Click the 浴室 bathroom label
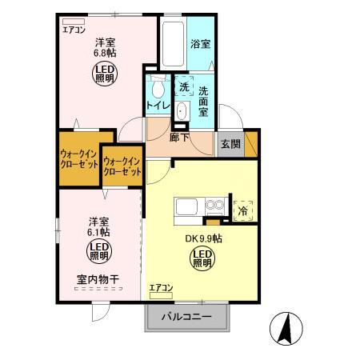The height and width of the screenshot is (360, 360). pos(201,44)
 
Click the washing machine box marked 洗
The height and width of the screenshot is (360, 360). pos(185,86)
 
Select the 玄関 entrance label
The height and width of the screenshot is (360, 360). pos(230,144)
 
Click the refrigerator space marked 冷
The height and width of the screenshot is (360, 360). pos(242,210)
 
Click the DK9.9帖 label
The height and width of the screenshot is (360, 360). pos(202,239)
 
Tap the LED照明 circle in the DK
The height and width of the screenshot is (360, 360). pos(202,258)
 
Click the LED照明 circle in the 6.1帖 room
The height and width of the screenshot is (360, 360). pos(98,253)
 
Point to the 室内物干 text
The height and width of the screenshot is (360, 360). pos(98,280)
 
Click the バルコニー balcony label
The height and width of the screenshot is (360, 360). pos(186,318)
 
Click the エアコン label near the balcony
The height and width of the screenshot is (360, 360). pos(161,286)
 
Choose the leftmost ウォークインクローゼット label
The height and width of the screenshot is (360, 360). pos(79,158)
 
